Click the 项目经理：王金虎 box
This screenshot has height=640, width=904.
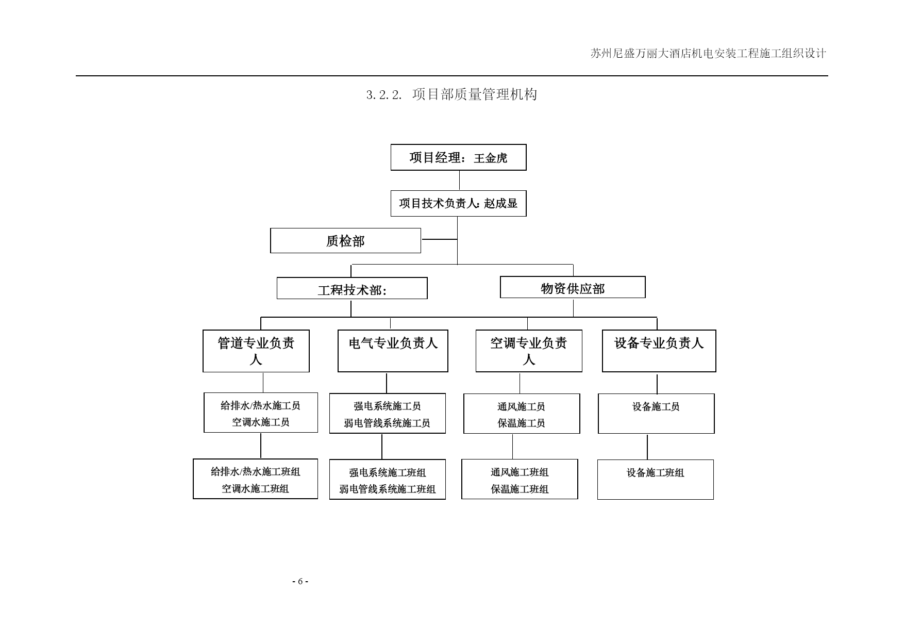pyautogui.click(x=458, y=157)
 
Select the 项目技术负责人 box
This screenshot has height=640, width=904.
pyautogui.click(x=458, y=203)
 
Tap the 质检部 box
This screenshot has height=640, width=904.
pyautogui.click(x=345, y=241)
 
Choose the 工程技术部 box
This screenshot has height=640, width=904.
pyautogui.click(x=352, y=288)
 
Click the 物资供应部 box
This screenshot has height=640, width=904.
pyautogui.click(x=573, y=287)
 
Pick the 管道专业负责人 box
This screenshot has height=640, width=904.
pyautogui.click(x=256, y=351)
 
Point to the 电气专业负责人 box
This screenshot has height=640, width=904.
pyautogui.click(x=393, y=351)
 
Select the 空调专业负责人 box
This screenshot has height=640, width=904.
pyautogui.click(x=529, y=351)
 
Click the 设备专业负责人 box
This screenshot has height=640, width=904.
pyautogui.click(x=659, y=351)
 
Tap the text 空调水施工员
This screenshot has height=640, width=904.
pyautogui.click(x=261, y=422)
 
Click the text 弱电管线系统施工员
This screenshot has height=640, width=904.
pyautogui.click(x=387, y=423)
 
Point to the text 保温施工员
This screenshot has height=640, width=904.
pyautogui.click(x=521, y=423)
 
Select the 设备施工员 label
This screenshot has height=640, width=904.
pyautogui.click(x=656, y=407)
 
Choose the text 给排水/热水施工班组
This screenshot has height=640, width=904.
pyautogui.click(x=255, y=472)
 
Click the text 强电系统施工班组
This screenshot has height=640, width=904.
pyautogui.click(x=387, y=473)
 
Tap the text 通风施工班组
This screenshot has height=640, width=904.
pyautogui.click(x=520, y=472)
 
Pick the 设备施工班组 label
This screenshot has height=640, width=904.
pyautogui.click(x=655, y=473)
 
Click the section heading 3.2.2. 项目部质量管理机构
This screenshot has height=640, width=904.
pyautogui.click(x=451, y=94)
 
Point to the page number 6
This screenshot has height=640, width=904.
pyautogui.click(x=300, y=582)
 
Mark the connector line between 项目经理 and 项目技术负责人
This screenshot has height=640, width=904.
pyautogui.click(x=459, y=180)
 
